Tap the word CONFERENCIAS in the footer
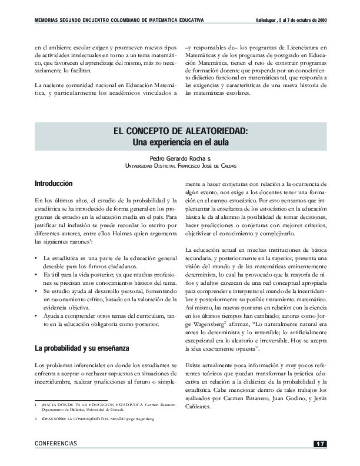tap(56, 443)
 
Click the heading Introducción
tap(54, 184)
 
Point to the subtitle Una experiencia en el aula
tap(180, 142)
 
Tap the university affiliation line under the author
tap(180, 167)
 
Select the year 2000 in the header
tap(321, 21)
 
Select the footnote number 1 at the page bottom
tap(36, 405)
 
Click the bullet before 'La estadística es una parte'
tap(37, 258)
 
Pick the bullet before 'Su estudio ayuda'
tap(37, 291)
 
